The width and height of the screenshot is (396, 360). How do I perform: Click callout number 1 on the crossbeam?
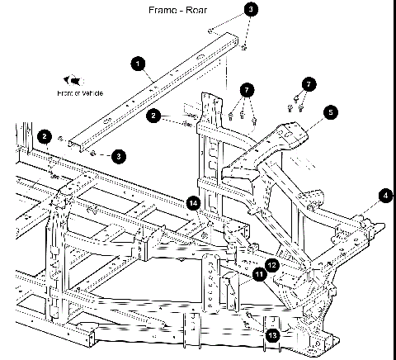click(x=138, y=62)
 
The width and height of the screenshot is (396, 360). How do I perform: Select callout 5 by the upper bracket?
click(x=328, y=111)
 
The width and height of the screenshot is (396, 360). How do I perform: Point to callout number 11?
click(x=259, y=275)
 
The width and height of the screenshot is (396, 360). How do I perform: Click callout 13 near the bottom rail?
click(x=272, y=334)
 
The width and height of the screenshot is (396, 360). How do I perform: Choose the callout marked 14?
click(x=193, y=202)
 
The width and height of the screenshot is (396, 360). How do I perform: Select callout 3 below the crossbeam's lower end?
click(x=119, y=155)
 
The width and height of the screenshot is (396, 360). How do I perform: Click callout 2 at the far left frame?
click(x=45, y=136)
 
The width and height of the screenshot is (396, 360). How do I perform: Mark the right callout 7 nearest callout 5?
click(x=309, y=84)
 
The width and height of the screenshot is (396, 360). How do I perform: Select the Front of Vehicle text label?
click(x=80, y=93)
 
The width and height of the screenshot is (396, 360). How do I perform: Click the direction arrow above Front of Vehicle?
click(x=75, y=80)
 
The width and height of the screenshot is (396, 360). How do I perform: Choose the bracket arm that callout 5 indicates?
click(x=280, y=140)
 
